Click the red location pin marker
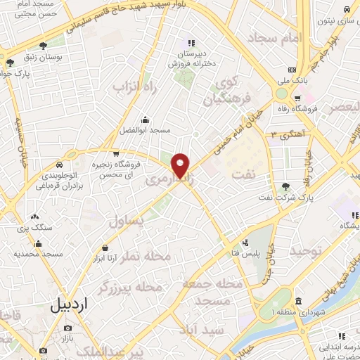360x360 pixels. (x=181, y=165)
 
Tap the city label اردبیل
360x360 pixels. (x=69, y=305)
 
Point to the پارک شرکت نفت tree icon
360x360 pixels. (x=285, y=186)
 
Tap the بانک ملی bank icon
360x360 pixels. (x=292, y=70)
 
